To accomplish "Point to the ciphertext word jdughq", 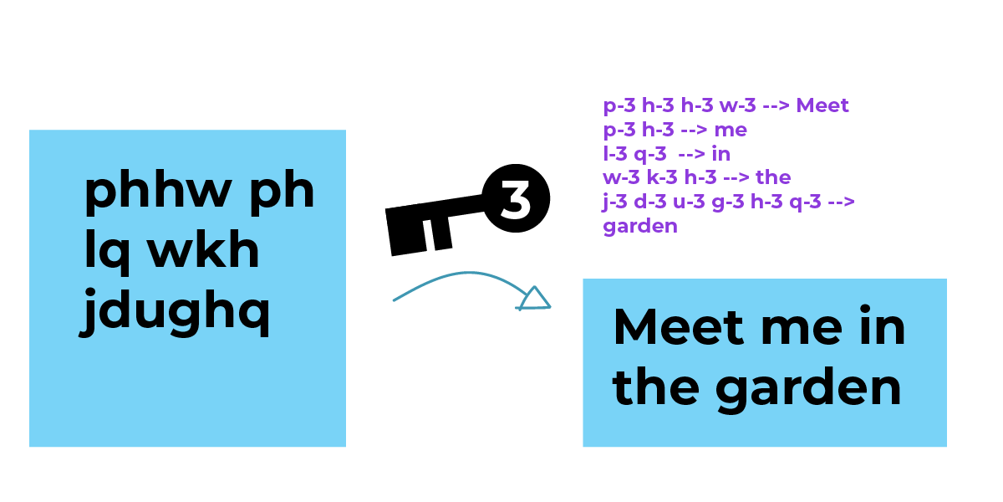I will click(176, 313).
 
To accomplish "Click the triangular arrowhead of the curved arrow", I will click(534, 298).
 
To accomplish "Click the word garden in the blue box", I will click(807, 388).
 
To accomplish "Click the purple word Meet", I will click(822, 106).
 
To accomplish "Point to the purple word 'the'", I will click(773, 178).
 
